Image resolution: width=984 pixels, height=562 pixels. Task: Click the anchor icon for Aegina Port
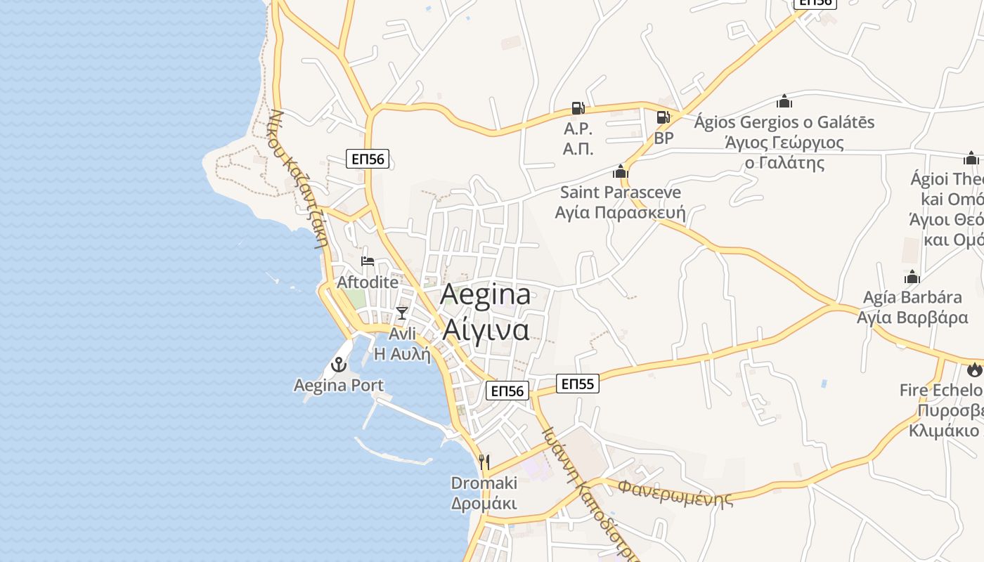[339, 365]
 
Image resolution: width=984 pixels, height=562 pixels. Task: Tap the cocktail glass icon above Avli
[402, 313]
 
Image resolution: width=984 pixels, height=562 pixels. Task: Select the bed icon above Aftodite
[368, 261]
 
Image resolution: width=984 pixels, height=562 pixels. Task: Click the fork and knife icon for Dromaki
[484, 462]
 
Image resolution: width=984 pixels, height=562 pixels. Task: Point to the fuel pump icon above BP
[663, 117]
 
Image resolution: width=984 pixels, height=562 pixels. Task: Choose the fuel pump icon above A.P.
[578, 108]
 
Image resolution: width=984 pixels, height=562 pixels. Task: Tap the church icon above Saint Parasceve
[620, 171]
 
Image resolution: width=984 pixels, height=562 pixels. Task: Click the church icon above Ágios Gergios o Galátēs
[784, 102]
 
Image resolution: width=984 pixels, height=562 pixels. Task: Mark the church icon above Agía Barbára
[912, 277]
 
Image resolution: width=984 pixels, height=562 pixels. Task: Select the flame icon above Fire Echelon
[974, 369]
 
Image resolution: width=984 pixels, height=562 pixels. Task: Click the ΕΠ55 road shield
[578, 384]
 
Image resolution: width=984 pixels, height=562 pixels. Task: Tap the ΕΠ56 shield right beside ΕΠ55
[507, 391]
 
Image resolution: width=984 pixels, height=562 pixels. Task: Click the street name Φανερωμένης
[675, 492]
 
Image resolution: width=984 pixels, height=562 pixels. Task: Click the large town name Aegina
[485, 295]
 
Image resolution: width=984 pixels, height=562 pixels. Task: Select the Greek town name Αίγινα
[485, 329]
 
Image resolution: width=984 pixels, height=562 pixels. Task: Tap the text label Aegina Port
[339, 385]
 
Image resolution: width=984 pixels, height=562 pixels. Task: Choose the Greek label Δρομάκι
[484, 503]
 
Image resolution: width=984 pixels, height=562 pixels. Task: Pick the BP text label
[663, 138]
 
